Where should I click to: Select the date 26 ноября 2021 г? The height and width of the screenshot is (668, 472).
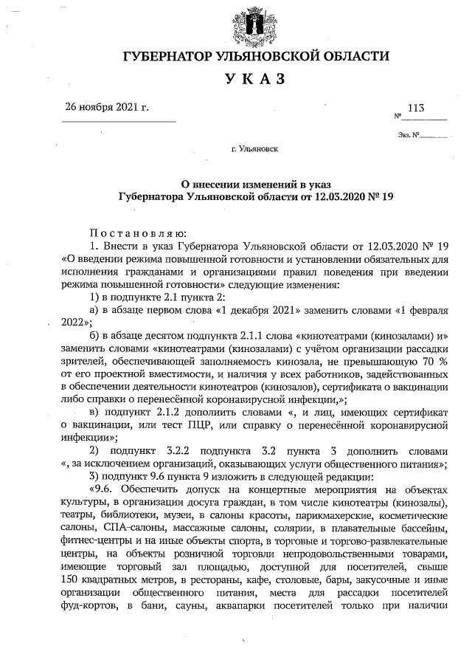pos(107,107)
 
